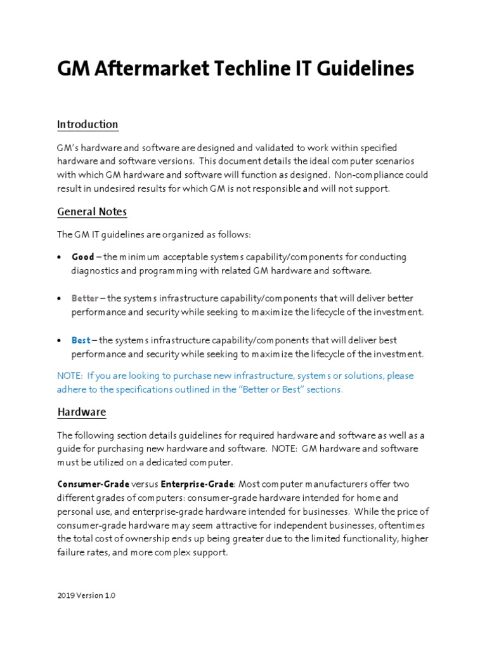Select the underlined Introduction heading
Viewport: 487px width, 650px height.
(x=88, y=124)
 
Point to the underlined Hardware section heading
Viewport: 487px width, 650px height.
(x=82, y=412)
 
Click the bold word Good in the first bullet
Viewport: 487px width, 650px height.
(x=82, y=257)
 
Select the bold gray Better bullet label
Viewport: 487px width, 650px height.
(x=85, y=298)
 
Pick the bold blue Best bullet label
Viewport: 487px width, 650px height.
(x=81, y=340)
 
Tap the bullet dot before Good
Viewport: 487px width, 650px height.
(x=60, y=258)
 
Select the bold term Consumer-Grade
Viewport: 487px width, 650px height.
(x=93, y=484)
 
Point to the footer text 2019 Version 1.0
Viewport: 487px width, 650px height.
(x=86, y=596)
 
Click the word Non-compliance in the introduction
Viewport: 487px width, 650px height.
(x=372, y=175)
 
